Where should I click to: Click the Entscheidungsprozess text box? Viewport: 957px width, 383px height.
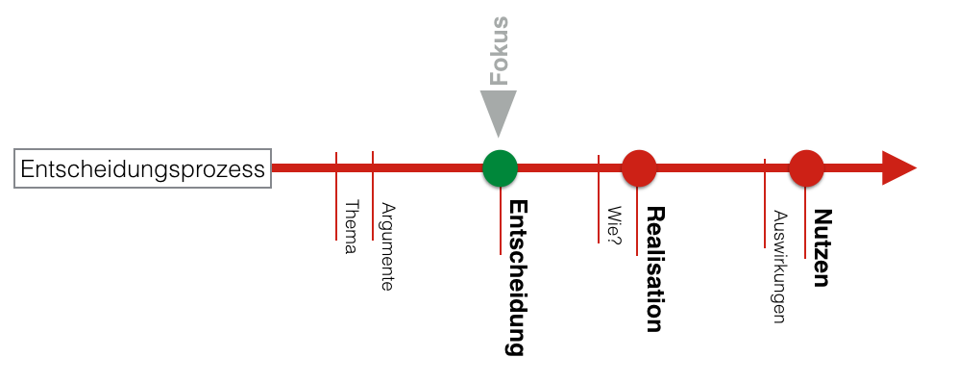click(x=143, y=169)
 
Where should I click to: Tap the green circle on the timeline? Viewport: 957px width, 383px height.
click(x=500, y=168)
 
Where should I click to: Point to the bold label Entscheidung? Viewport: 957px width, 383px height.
click(x=517, y=277)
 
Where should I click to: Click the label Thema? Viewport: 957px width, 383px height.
click(x=351, y=227)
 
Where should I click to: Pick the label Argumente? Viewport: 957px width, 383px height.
click(x=387, y=246)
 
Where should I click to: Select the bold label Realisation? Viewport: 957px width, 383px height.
click(x=654, y=269)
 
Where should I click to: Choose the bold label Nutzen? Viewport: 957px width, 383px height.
click(x=821, y=247)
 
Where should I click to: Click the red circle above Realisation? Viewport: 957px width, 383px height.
click(x=639, y=168)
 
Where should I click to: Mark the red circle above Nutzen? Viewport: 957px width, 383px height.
click(x=806, y=168)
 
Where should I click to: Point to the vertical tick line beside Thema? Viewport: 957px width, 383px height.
click(x=336, y=197)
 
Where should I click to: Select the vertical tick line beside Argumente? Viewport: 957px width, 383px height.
click(x=373, y=197)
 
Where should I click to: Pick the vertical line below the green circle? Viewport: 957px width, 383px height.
click(x=500, y=221)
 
